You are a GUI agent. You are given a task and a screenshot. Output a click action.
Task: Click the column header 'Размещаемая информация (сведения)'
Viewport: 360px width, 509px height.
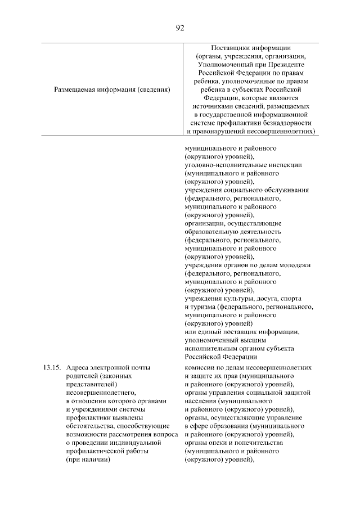click(112, 89)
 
